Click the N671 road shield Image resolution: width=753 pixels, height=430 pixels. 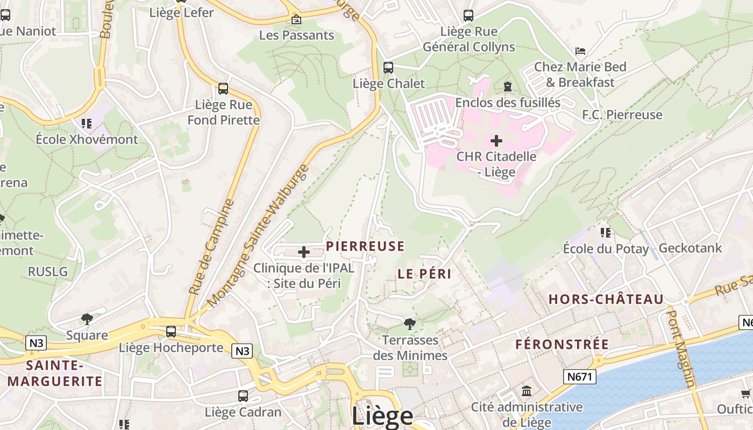pyautogui.click(x=580, y=377)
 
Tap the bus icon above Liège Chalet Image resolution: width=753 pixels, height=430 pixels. pyautogui.click(x=388, y=68)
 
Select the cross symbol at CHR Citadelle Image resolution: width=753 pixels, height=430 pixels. pyautogui.click(x=496, y=141)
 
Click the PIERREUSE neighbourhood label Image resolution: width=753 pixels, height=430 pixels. pyautogui.click(x=365, y=246)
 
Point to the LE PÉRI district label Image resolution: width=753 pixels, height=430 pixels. pyautogui.click(x=424, y=274)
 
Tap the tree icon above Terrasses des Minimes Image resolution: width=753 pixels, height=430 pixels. pyautogui.click(x=409, y=324)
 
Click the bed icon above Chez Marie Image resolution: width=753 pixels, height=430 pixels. pyautogui.click(x=580, y=51)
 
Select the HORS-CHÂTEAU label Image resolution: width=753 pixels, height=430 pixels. pyautogui.click(x=606, y=299)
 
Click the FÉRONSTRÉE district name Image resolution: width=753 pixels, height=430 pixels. pyautogui.click(x=562, y=344)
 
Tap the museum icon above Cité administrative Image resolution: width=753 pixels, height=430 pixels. pyautogui.click(x=527, y=391)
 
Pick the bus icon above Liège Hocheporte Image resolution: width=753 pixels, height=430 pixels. pyautogui.click(x=171, y=332)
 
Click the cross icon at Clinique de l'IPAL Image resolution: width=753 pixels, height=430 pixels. pyautogui.click(x=303, y=252)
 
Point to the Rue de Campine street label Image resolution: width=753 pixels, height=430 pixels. pyautogui.click(x=212, y=247)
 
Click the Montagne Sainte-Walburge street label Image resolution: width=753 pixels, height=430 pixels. pyautogui.click(x=258, y=235)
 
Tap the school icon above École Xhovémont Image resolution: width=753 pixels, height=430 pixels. pyautogui.click(x=87, y=124)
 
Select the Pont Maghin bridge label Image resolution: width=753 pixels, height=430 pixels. pyautogui.click(x=680, y=347)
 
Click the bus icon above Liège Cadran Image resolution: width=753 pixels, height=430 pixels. pyautogui.click(x=243, y=396)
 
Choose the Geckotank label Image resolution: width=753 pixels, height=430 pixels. pyautogui.click(x=690, y=248)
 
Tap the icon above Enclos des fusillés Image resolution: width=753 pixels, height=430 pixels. pyautogui.click(x=507, y=87)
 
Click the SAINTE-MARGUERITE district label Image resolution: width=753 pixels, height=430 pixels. pyautogui.click(x=55, y=374)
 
